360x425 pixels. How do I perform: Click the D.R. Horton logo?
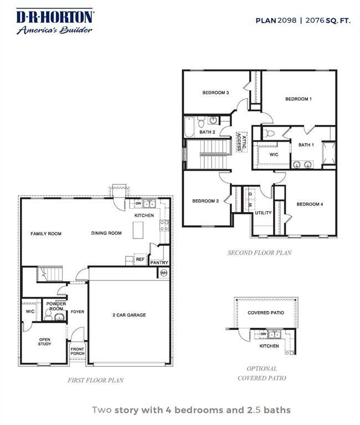pyautogui.click(x=54, y=22)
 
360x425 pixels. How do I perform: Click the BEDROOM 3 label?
pyautogui.click(x=215, y=92)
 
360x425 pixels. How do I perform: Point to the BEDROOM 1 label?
pyautogui.click(x=299, y=99)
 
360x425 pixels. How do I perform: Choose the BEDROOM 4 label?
pyautogui.click(x=310, y=204)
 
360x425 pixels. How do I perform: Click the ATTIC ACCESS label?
pyautogui.click(x=241, y=142)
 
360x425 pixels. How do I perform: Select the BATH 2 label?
pyautogui.click(x=208, y=132)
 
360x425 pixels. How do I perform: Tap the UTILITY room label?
pyautogui.click(x=263, y=212)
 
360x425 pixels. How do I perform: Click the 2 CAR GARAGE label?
pyautogui.click(x=128, y=315)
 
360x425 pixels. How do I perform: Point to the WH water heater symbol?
pyautogui.click(x=163, y=273)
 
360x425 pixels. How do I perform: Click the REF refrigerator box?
pyautogui.click(x=140, y=259)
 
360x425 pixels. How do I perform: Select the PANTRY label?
pyautogui.click(x=160, y=263)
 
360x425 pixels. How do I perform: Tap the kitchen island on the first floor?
pyautogui.click(x=138, y=230)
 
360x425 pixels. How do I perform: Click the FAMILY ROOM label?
pyautogui.click(x=46, y=234)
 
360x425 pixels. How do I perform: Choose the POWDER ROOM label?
pyautogui.click(x=56, y=305)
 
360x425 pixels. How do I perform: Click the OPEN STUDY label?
pyautogui.click(x=45, y=341)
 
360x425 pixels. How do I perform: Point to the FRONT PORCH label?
pyautogui.click(x=78, y=351)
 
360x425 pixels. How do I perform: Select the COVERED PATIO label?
pyautogui.click(x=266, y=312)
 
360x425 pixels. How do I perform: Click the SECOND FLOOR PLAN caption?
pyautogui.click(x=260, y=252)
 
